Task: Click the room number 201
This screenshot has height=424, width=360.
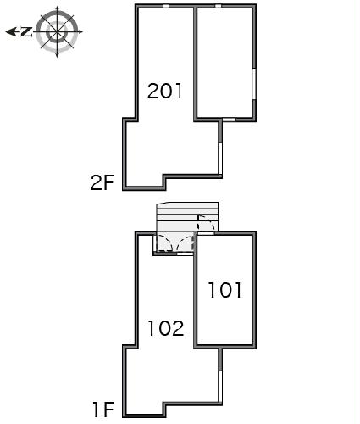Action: click(164, 91)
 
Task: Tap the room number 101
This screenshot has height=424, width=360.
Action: click(225, 290)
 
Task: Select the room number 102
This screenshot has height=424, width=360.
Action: click(166, 328)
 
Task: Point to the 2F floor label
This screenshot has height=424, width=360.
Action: click(102, 182)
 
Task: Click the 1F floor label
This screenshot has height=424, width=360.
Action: click(103, 410)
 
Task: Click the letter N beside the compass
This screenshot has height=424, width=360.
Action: click(27, 32)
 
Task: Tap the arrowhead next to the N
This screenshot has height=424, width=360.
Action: click(11, 32)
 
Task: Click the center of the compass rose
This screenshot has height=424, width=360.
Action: click(57, 32)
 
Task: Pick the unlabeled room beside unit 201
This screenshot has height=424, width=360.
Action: click(224, 62)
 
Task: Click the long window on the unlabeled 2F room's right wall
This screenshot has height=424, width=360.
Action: click(254, 84)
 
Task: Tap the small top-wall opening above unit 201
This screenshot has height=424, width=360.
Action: click(166, 6)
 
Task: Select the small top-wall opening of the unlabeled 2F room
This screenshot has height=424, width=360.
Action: click(218, 6)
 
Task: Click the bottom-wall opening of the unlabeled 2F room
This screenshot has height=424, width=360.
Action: click(229, 120)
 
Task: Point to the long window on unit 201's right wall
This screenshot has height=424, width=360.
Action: click(220, 158)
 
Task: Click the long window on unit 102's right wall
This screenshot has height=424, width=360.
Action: click(220, 387)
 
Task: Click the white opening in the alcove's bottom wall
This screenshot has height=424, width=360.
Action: click(185, 254)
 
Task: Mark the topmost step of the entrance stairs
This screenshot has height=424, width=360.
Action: click(187, 205)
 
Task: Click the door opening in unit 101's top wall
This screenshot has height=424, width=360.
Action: click(205, 233)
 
